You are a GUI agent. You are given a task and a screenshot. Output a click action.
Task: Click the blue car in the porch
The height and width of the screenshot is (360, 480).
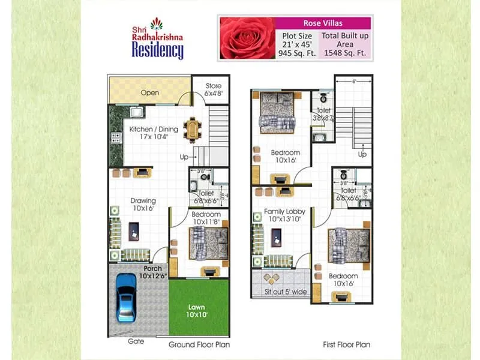[127, 297]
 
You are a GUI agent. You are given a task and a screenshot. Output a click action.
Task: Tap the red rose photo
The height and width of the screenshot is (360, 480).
[246, 38]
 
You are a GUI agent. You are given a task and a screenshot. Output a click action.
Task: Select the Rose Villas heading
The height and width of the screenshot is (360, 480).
[322, 23]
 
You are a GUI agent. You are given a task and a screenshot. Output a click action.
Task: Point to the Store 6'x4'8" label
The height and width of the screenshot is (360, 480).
[213, 89]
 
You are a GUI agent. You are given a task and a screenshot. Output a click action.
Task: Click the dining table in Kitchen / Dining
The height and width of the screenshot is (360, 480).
[192, 126]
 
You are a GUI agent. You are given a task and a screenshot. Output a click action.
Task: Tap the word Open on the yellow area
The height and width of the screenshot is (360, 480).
[149, 93]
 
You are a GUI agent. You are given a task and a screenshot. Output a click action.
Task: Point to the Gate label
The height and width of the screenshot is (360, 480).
[135, 341]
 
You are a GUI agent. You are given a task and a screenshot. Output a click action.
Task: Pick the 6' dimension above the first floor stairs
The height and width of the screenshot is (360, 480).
[353, 82]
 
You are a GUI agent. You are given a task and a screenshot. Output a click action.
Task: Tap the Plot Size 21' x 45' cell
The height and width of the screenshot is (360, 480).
[296, 44]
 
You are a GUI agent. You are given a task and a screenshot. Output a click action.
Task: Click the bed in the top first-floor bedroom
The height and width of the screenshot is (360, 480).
[276, 116]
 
